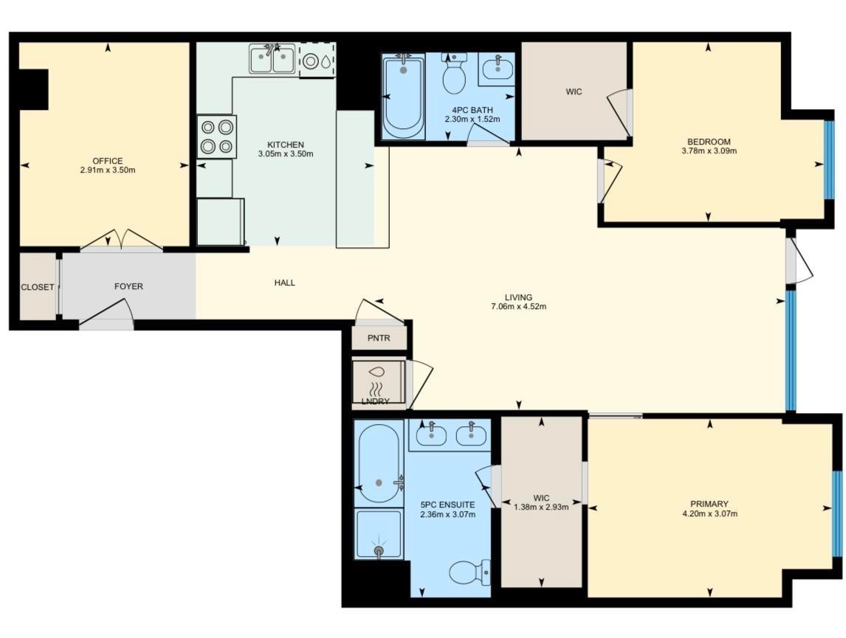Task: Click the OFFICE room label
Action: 107,161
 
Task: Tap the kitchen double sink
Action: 272,59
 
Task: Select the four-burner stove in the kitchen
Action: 217,137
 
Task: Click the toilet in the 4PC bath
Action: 454,74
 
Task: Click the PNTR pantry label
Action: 379,338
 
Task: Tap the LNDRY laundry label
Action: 375,401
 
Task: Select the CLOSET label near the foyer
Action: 37,287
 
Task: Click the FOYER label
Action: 128,286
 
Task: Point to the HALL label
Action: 284,282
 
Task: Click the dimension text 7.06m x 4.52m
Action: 518,307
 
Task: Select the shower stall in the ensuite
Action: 379,534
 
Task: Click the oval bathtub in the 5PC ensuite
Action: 379,463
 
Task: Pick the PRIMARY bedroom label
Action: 709,504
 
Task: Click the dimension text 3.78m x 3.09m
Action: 709,151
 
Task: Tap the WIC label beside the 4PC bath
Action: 574,91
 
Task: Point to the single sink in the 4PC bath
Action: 498,68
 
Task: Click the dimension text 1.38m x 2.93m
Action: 541,507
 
